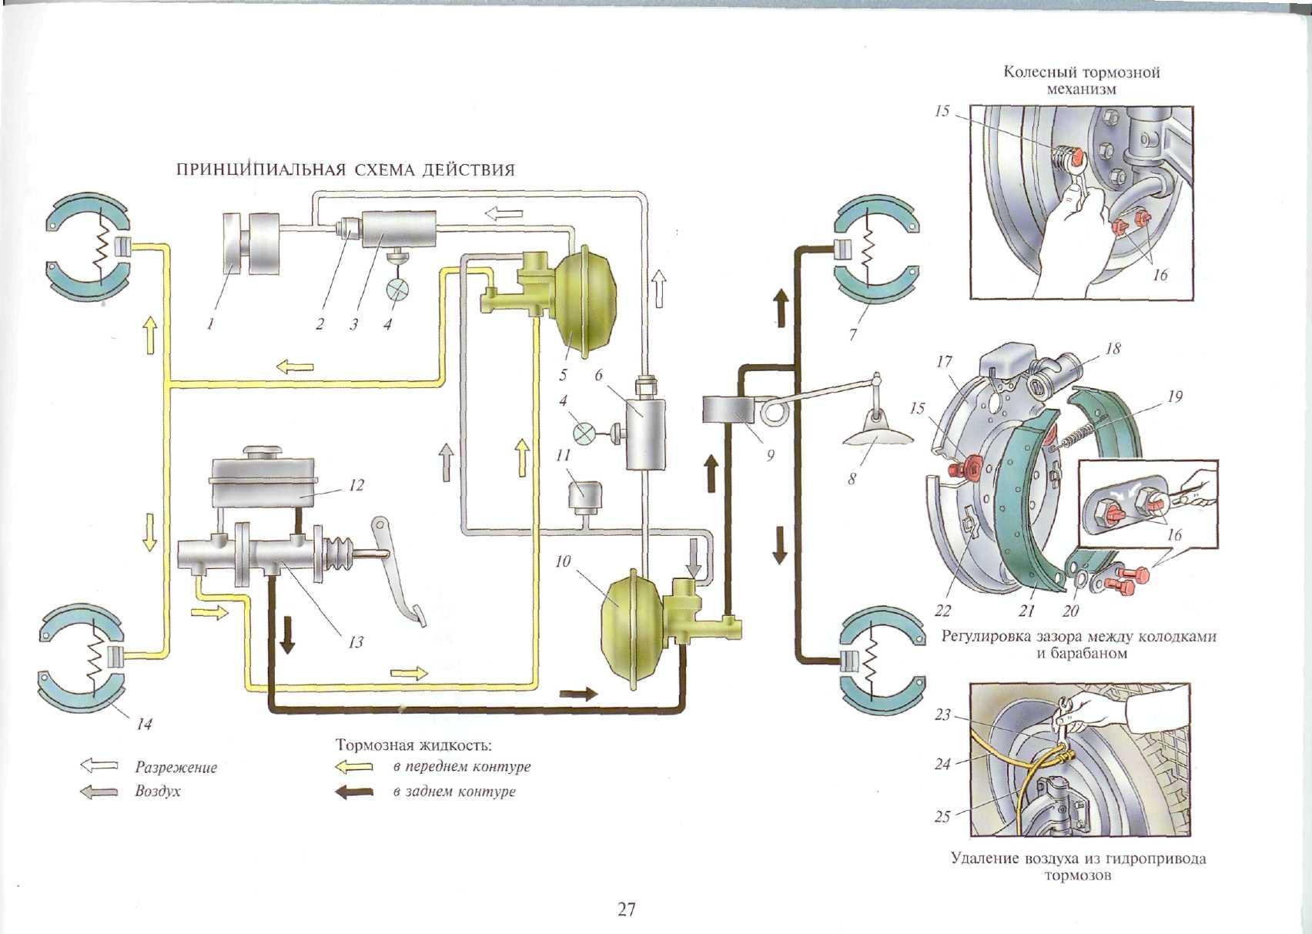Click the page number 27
[x=627, y=910]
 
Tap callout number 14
[x=144, y=724]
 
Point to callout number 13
[x=355, y=641]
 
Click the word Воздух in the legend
[x=157, y=792]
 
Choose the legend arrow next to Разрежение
[x=99, y=766]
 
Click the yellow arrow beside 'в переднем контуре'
[x=354, y=767]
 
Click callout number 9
[x=770, y=456]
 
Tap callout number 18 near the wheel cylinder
[x=1113, y=349]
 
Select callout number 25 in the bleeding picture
[x=942, y=817]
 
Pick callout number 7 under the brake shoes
[x=852, y=335]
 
